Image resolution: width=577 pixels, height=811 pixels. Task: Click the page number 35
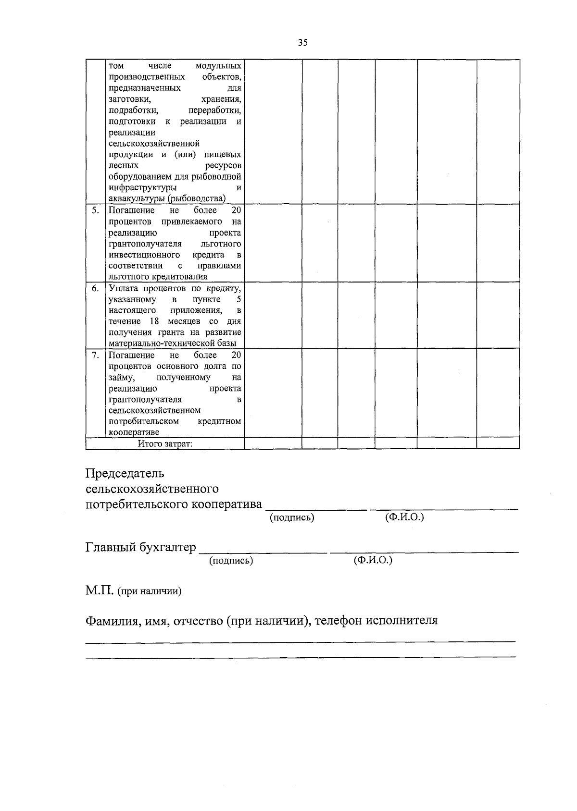coord(302,43)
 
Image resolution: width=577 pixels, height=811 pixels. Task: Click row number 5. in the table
coord(95,210)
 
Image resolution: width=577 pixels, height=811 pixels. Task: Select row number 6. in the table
coord(95,288)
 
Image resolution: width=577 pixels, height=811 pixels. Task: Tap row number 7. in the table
coord(95,355)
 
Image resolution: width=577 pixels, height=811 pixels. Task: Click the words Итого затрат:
coord(165,443)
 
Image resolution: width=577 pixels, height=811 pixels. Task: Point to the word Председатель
coord(125,473)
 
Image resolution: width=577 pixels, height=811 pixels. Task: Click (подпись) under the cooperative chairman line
coord(292,517)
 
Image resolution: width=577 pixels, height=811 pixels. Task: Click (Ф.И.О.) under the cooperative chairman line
coord(404,517)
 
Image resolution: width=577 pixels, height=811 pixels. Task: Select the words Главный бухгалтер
coord(141,547)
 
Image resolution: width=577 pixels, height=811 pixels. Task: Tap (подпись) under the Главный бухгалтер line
coord(231,560)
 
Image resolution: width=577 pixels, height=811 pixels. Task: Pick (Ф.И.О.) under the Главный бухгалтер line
coord(373,560)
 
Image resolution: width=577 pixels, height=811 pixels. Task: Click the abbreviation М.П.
coord(99,590)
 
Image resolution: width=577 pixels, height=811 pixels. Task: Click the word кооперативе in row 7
coord(134,432)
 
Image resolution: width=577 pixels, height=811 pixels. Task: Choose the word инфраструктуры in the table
coord(142,187)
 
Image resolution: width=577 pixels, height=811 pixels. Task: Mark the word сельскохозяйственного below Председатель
coord(152,489)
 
